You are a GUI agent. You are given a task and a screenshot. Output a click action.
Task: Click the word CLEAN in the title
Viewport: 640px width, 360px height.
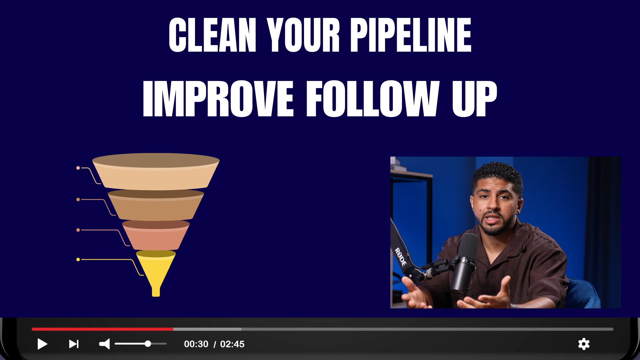[x=212, y=35]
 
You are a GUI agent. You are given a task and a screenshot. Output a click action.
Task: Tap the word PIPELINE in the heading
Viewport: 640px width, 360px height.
[x=411, y=35]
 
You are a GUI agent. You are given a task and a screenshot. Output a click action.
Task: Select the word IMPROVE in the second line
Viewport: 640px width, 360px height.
[x=218, y=99]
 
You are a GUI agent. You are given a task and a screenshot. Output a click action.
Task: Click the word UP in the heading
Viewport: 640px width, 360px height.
[x=475, y=99]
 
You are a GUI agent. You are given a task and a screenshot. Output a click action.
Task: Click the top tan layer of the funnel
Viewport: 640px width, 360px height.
[x=156, y=172]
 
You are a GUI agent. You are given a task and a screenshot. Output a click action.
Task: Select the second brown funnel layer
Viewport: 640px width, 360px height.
[x=156, y=205]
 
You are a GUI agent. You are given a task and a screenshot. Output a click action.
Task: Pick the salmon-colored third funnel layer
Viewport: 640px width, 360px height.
[x=156, y=235]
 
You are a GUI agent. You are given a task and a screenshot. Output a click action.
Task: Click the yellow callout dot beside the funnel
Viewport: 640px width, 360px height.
[x=78, y=259]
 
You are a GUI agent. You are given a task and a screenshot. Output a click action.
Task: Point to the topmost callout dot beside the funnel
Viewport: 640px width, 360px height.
[x=78, y=168]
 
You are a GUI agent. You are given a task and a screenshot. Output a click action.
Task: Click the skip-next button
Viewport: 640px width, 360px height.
[x=74, y=344]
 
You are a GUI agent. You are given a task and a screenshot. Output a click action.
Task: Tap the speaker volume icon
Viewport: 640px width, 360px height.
[x=104, y=344]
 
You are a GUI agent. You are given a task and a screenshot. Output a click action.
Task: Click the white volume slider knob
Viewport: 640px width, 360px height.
[x=148, y=344]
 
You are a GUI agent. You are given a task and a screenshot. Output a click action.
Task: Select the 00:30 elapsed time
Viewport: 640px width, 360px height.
[x=196, y=344]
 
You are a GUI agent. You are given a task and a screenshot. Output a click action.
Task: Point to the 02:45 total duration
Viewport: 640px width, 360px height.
[x=232, y=344]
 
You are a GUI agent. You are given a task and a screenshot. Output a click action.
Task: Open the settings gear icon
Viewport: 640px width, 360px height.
[x=584, y=344]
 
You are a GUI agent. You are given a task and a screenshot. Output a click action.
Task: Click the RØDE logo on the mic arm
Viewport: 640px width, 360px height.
[x=401, y=257]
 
